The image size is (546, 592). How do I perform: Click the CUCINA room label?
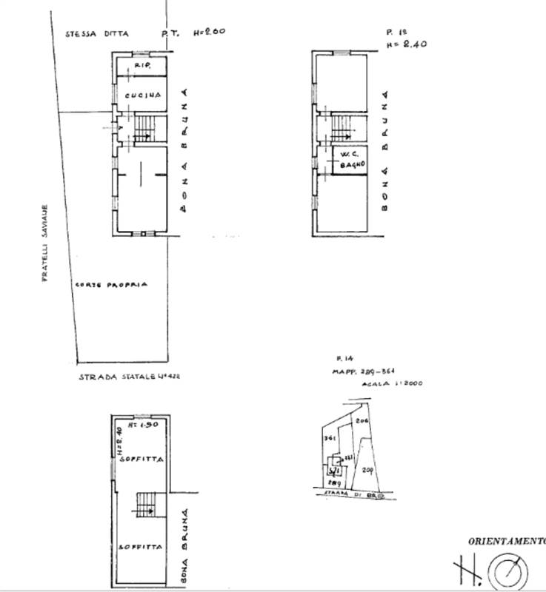click(139, 95)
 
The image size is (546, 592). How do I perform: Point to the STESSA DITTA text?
click(96, 33)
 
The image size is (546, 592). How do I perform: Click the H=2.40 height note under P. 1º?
click(406, 44)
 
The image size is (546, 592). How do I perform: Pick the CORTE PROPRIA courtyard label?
click(111, 284)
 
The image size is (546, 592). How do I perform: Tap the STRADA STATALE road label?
click(130, 376)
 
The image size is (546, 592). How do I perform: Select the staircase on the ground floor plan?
click(144, 129)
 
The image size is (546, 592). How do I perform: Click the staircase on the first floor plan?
click(342, 128)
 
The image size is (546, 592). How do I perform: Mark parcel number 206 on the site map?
click(362, 420)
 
